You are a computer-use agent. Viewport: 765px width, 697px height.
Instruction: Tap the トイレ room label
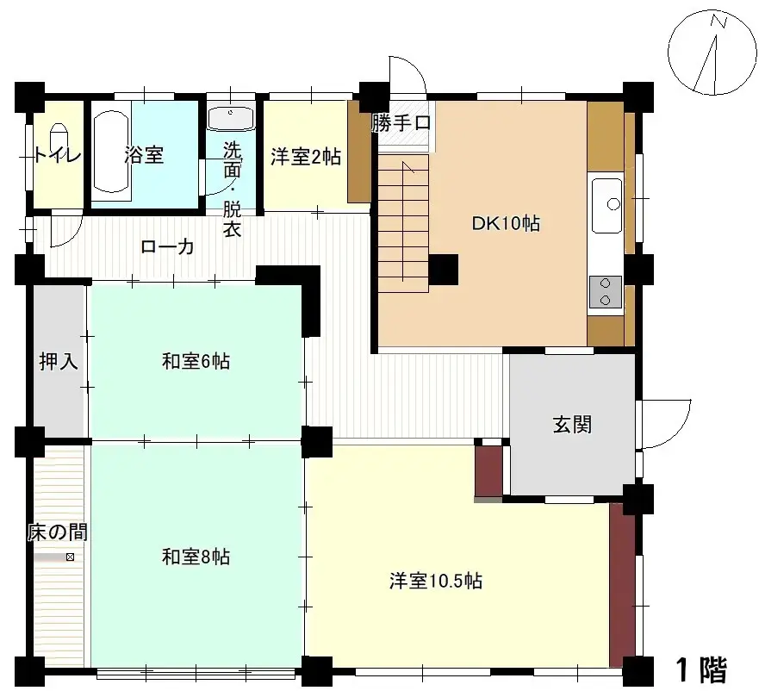click(58, 155)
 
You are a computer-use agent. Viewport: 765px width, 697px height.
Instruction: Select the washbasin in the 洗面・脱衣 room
click(231, 117)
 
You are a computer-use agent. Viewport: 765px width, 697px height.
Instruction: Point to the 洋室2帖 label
click(305, 156)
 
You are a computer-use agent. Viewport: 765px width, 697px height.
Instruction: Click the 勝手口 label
click(401, 123)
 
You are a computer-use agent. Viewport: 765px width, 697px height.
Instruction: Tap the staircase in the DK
click(403, 220)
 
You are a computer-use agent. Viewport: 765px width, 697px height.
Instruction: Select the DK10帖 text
click(505, 224)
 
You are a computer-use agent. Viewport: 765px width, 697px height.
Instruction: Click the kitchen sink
click(607, 203)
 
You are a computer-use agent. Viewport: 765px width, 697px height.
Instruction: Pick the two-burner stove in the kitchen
click(606, 291)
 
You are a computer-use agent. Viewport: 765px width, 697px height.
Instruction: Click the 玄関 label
click(571, 425)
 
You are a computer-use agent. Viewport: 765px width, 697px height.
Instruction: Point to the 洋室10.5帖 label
click(434, 581)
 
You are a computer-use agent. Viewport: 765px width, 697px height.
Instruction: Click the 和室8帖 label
click(196, 557)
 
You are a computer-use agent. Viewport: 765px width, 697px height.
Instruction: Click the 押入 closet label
click(59, 361)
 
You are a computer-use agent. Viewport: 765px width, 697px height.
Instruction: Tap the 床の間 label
click(57, 532)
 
